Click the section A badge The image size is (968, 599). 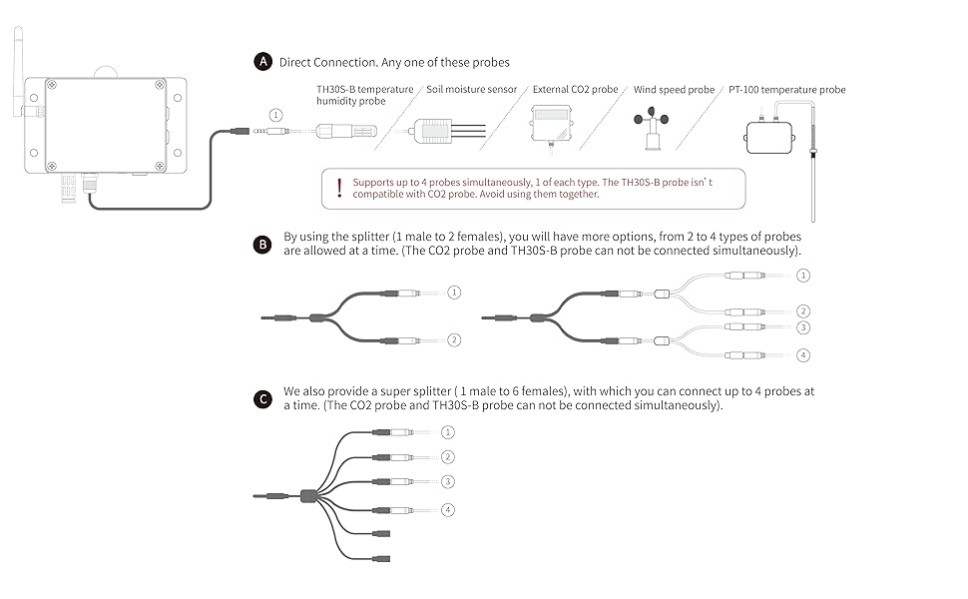263,62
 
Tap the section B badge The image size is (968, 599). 263,244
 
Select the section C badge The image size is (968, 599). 263,399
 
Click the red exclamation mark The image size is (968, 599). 339,188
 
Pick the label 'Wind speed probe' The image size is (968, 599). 674,90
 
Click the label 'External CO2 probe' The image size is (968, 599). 576,90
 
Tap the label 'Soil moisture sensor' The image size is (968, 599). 472,90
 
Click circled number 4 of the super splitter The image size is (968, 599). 448,510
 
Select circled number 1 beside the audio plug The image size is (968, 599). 276,117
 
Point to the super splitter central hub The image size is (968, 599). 309,495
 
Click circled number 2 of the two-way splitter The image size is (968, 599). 454,340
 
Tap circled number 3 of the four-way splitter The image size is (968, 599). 804,326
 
